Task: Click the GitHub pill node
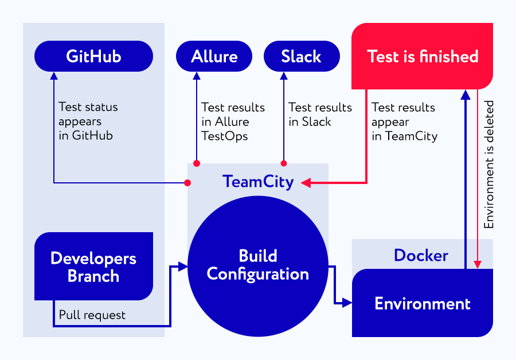point(94,56)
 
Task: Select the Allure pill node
point(214,56)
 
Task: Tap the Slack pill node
point(302,56)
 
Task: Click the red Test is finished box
point(422,56)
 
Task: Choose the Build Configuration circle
point(257,266)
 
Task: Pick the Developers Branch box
point(94,266)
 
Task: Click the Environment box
point(423,303)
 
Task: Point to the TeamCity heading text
point(258,182)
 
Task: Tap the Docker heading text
point(421,255)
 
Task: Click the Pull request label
point(92,315)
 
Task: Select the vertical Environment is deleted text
point(488,165)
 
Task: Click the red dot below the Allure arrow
point(197,163)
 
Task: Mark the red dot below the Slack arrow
point(284,163)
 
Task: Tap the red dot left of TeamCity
point(187,183)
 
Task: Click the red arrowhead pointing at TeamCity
point(306,183)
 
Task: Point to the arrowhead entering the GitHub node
point(54,76)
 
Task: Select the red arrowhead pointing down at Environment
point(478,265)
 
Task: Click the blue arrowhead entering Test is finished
point(466,95)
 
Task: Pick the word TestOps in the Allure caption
point(225,136)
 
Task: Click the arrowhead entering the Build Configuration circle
point(183,266)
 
